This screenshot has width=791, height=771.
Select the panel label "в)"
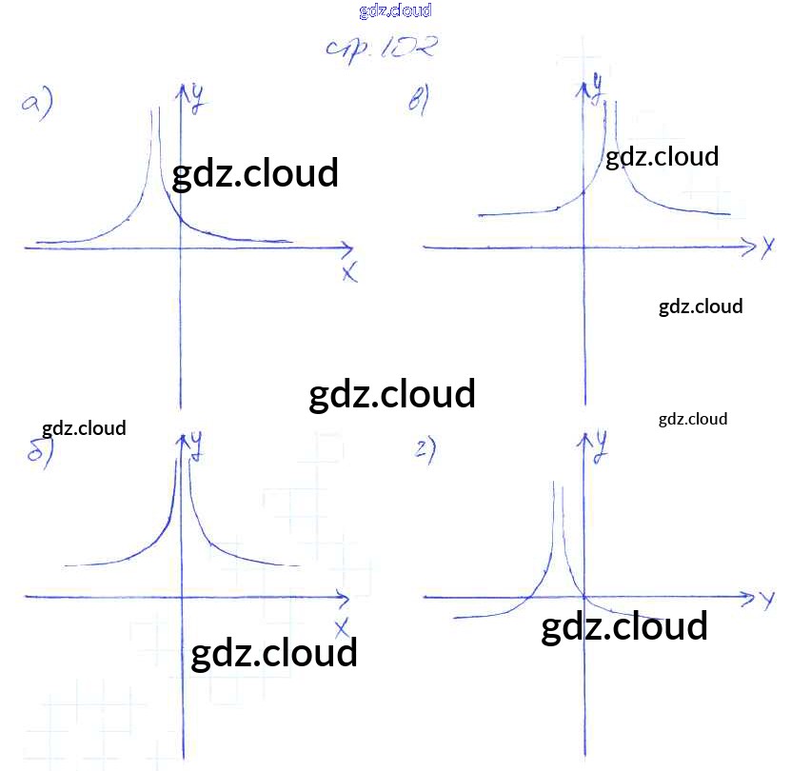(x=420, y=100)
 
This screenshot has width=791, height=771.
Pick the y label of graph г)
(x=601, y=444)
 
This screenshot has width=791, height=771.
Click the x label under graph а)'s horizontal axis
(x=349, y=272)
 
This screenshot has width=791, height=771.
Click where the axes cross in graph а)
(x=180, y=247)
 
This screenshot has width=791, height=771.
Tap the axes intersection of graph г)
(x=583, y=598)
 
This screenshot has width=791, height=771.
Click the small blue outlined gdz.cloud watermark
(x=395, y=11)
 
